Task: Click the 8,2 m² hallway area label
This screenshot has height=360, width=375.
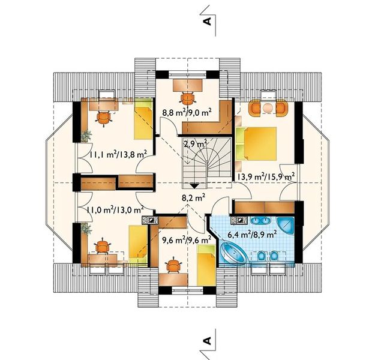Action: pos(193,198)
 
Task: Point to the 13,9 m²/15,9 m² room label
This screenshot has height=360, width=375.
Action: pos(265,177)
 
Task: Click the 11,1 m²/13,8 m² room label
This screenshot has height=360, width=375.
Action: pos(118,154)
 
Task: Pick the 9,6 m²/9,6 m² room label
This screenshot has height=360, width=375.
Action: pos(187,239)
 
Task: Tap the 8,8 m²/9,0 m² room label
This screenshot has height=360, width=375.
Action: pos(187,112)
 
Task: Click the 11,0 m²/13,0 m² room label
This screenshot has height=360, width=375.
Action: pos(115,210)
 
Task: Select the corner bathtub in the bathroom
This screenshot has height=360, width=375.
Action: pos(233,254)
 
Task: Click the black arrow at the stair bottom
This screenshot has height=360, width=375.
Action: pos(194,185)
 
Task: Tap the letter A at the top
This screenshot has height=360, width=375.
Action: pos(208,21)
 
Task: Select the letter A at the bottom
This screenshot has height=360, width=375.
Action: pos(208,340)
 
